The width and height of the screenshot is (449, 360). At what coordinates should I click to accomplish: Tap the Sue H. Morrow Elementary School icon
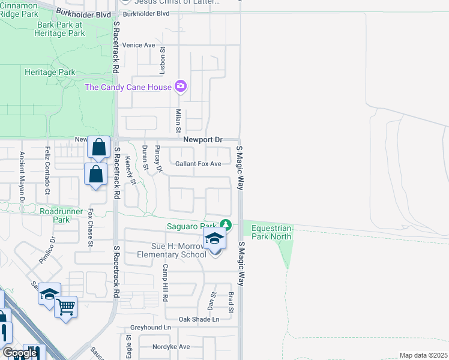214,239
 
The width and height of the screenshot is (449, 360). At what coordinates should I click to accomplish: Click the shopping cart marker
66,307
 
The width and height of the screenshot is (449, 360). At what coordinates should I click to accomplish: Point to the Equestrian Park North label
271,232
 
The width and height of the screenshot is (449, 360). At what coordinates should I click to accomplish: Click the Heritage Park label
50,72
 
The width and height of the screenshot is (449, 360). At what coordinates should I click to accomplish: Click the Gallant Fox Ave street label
198,164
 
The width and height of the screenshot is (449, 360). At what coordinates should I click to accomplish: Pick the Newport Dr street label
202,140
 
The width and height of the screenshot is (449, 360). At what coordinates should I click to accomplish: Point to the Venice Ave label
139,45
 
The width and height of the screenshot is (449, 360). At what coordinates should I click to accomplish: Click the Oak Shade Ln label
199,319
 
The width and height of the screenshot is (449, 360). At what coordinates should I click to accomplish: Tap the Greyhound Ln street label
151,328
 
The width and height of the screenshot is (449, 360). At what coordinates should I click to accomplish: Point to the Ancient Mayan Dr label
22,178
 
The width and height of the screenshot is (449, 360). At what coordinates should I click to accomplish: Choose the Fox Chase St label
91,227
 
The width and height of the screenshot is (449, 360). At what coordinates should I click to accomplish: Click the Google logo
20,353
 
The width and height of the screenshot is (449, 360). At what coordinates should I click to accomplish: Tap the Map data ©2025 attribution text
423,355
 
